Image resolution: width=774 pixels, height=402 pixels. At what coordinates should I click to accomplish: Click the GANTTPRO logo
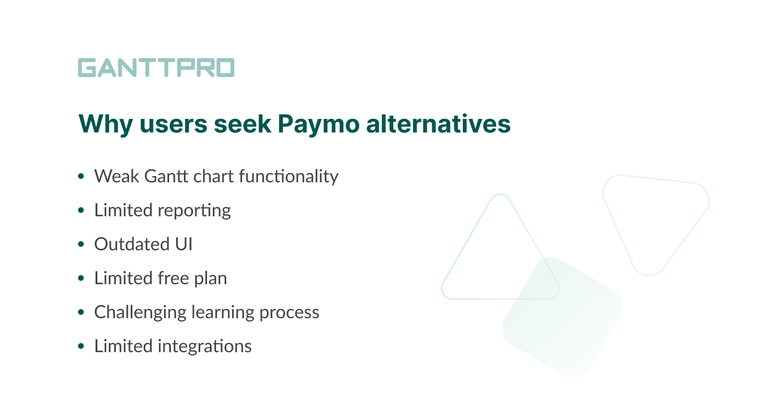[x=156, y=67]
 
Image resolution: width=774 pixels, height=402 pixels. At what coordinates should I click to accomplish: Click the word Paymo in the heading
[x=319, y=124]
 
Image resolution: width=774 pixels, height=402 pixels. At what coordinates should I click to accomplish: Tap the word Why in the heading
[x=106, y=124]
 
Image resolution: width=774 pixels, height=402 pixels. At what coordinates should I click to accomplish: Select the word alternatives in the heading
[x=438, y=124]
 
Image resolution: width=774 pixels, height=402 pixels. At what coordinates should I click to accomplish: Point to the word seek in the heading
[x=243, y=124]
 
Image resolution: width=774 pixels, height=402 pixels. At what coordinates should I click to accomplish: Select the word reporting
[x=194, y=211]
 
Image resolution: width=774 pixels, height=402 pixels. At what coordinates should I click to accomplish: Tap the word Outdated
[x=132, y=244]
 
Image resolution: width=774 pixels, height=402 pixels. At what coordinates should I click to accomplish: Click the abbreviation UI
[x=183, y=244]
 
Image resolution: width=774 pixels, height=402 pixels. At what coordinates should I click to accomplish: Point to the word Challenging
[x=140, y=313]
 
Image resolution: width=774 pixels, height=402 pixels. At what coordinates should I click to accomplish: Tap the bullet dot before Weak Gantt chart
[x=81, y=176]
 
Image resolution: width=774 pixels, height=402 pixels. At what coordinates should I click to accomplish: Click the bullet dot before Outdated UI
[x=81, y=245]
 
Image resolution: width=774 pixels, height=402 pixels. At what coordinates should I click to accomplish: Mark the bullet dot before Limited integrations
[x=81, y=346]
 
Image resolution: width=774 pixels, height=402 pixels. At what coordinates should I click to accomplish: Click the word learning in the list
[x=223, y=313]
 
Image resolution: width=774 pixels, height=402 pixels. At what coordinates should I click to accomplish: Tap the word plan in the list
[x=210, y=279]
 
